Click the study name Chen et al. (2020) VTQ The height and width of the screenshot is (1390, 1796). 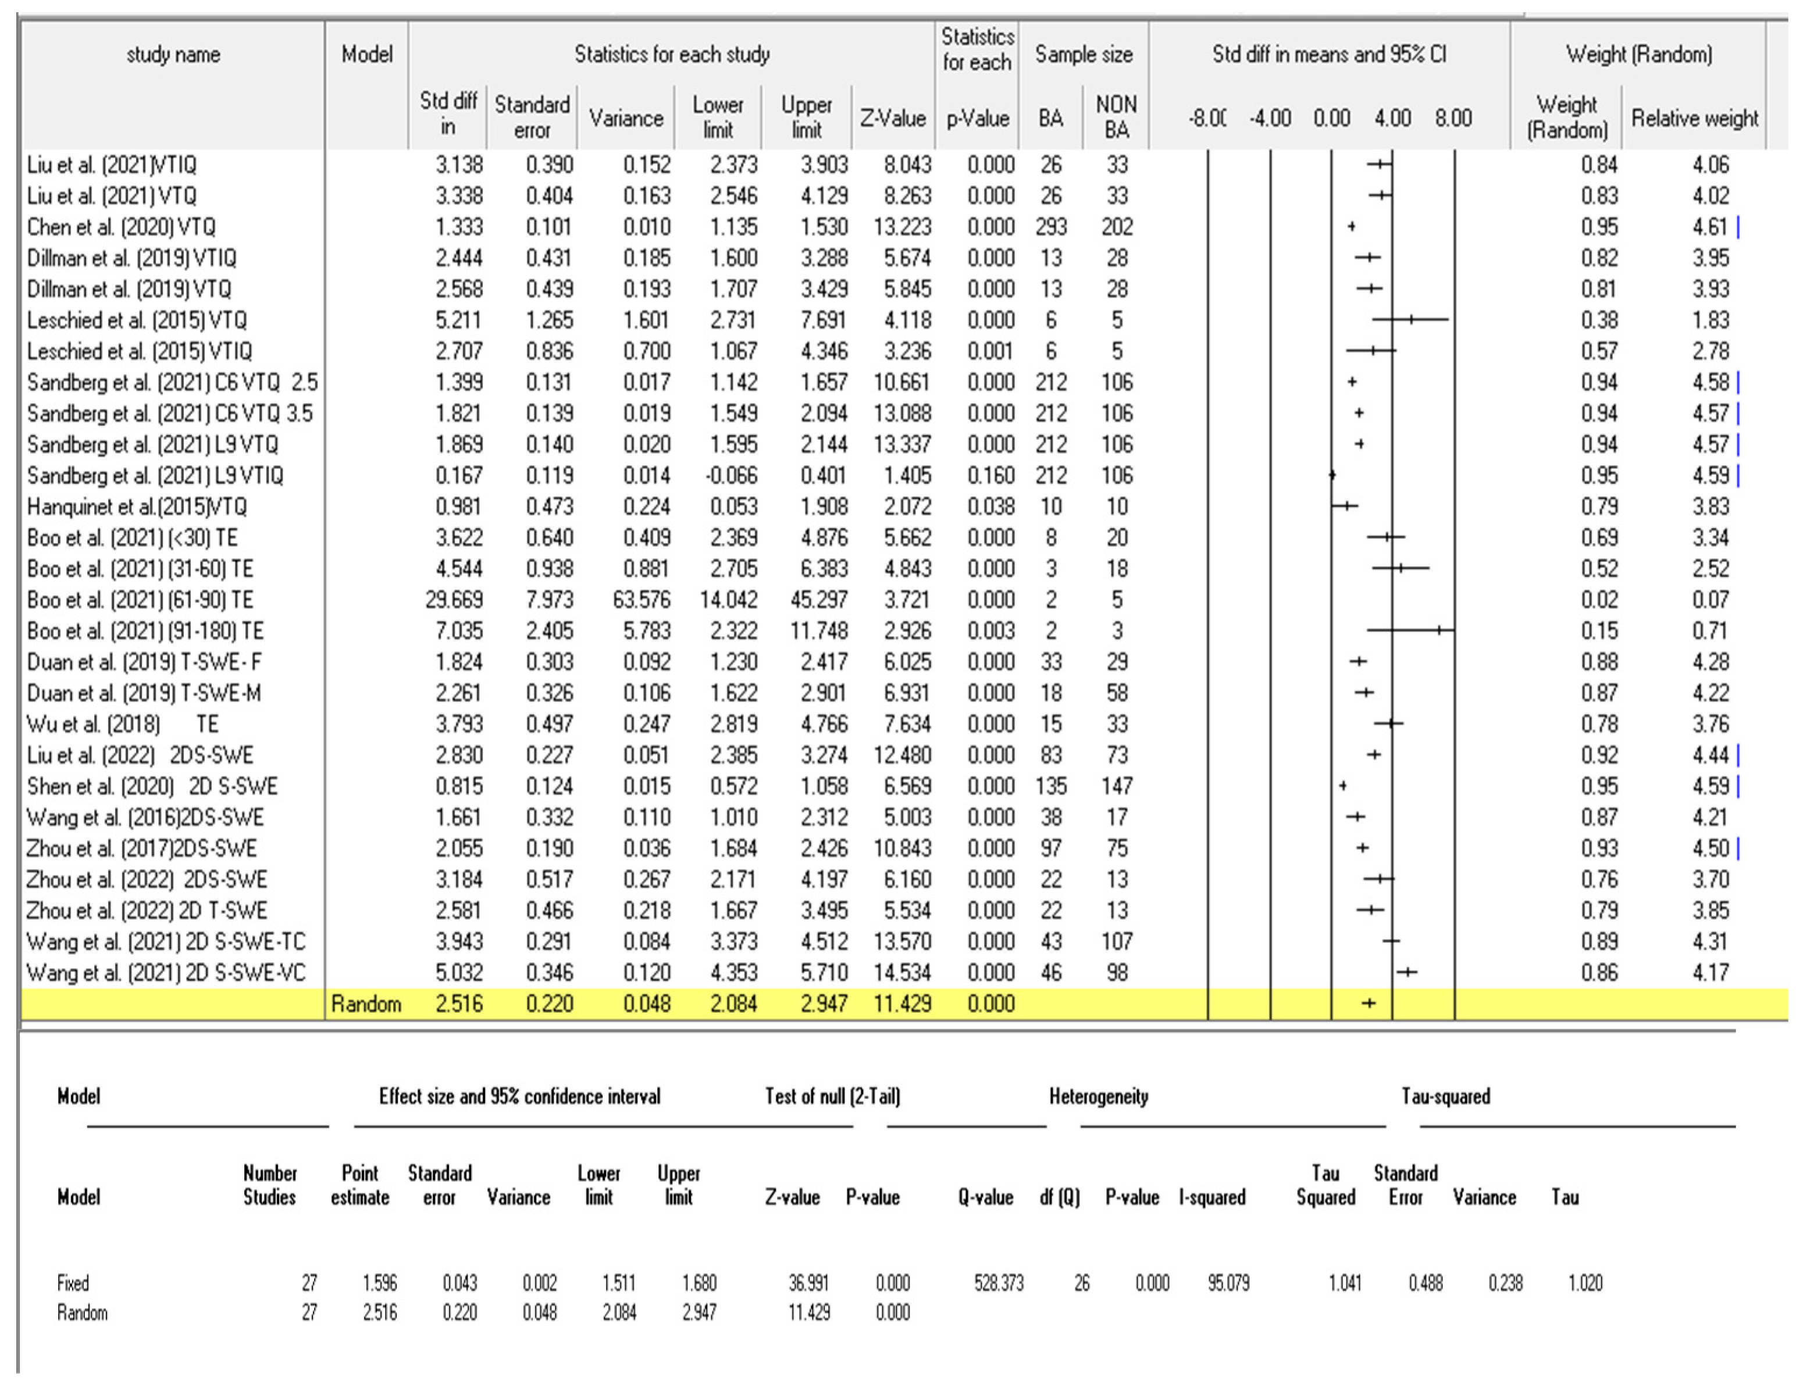pyautogui.click(x=121, y=227)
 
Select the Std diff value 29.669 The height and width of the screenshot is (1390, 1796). pyautogui.click(x=454, y=600)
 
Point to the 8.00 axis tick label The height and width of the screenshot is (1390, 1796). pyautogui.click(x=1453, y=119)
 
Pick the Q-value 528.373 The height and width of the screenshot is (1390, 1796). pyautogui.click(x=998, y=1283)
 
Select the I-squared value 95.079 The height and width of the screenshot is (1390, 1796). pyautogui.click(x=1228, y=1283)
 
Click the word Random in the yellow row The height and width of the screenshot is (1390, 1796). pyautogui.click(x=366, y=1004)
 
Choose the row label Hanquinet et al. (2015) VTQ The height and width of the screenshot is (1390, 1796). pyautogui.click(x=137, y=507)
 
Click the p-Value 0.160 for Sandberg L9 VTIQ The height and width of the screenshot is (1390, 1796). pyautogui.click(x=990, y=475)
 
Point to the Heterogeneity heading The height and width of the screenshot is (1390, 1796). pyautogui.click(x=1098, y=1096)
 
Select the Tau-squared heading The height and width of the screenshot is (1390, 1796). pyautogui.click(x=1446, y=1096)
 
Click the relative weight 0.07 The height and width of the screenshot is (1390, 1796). pyautogui.click(x=1711, y=600)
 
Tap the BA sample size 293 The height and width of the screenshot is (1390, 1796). pyautogui.click(x=1050, y=227)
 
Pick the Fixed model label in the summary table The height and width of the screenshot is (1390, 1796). pyautogui.click(x=73, y=1283)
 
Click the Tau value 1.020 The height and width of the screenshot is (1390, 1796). pyautogui.click(x=1585, y=1283)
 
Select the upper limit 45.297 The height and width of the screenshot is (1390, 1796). pyautogui.click(x=818, y=600)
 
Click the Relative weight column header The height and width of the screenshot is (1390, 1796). pyautogui.click(x=1694, y=119)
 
